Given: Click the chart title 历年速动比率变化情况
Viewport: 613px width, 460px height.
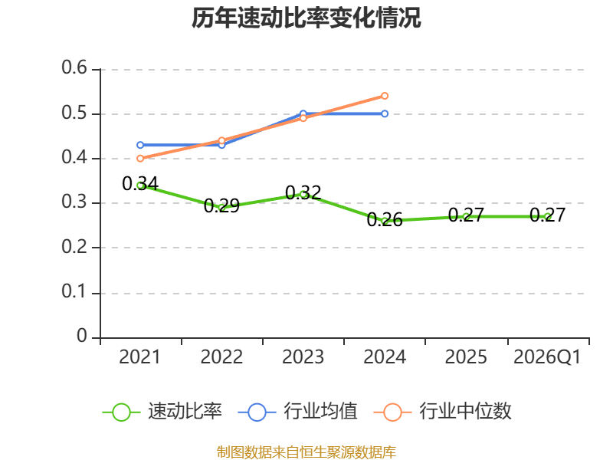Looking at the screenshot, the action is tap(306, 18).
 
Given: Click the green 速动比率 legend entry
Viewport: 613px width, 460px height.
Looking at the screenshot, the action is tap(162, 412).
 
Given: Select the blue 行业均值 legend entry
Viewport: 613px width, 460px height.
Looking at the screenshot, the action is tap(297, 412).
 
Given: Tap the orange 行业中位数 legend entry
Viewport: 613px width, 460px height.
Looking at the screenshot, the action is tap(443, 412).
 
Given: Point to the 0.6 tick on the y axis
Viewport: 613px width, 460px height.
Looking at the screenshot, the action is tap(74, 67).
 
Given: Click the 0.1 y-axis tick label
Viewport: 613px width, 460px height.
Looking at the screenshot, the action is tap(74, 291).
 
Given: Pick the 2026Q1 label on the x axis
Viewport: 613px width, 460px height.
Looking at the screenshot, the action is tap(547, 357).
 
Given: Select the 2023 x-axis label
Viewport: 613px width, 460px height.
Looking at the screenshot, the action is tap(303, 357).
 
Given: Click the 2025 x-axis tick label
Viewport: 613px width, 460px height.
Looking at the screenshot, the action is tap(466, 357).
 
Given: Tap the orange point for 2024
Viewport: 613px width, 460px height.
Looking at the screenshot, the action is tap(385, 96).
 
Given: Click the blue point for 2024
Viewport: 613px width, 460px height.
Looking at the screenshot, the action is tap(385, 113).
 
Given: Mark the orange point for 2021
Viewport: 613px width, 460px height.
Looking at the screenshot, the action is tap(140, 159).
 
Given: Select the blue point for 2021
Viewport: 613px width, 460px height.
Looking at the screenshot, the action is tap(140, 145).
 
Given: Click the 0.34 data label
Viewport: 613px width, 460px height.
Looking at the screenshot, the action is tap(140, 183).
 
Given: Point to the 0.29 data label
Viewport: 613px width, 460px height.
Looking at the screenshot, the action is tap(221, 205).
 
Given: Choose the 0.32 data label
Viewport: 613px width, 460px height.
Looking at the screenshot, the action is tap(303, 192).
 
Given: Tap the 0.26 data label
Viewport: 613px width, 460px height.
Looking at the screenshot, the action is tap(385, 219).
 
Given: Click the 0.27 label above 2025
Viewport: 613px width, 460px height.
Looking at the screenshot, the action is tap(466, 215).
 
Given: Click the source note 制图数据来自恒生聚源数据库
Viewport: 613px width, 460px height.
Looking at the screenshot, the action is tap(306, 452).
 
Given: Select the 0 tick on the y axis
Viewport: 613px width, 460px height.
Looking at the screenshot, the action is tap(82, 336).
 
